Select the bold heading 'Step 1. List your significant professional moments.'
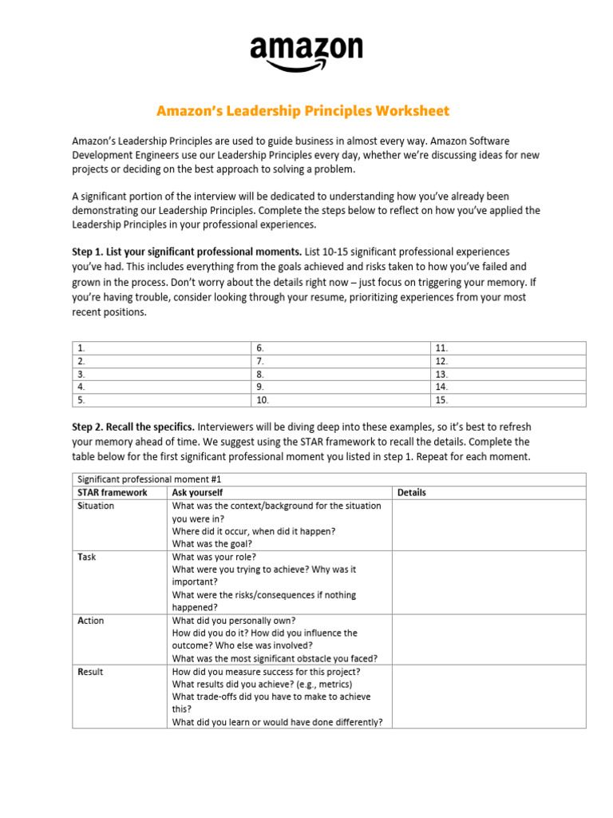pyautogui.click(x=187, y=252)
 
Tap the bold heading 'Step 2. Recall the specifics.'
pyautogui.click(x=132, y=427)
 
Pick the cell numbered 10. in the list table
pyautogui.click(x=340, y=399)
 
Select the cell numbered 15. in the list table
pyautogui.click(x=508, y=399)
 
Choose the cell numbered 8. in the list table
pyautogui.click(x=340, y=374)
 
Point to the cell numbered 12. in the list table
pyautogui.click(x=508, y=361)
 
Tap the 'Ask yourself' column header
pyautogui.click(x=197, y=493)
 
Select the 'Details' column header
pyautogui.click(x=411, y=493)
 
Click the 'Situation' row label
pyautogui.click(x=96, y=506)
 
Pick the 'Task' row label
pyautogui.click(x=86, y=557)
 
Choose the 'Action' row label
pyautogui.click(x=90, y=621)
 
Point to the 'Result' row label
pyautogui.click(x=90, y=672)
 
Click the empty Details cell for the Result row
pyautogui.click(x=488, y=697)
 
